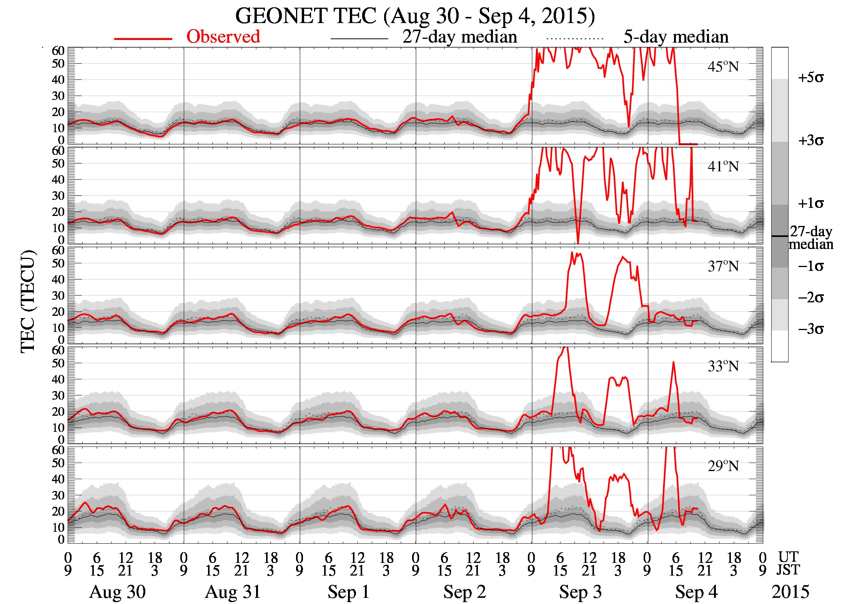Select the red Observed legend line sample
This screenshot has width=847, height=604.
tap(143, 38)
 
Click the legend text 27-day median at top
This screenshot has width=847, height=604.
tap(459, 37)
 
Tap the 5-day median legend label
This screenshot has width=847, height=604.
tap(676, 37)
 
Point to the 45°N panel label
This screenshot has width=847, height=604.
tap(723, 67)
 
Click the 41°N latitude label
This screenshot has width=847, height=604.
tap(723, 167)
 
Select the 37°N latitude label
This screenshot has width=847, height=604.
tap(723, 266)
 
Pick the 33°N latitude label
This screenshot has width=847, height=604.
tap(723, 366)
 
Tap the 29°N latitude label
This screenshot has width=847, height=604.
tap(723, 466)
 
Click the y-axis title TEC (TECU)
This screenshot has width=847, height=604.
tap(28, 301)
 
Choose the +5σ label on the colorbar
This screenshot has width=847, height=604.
tap(810, 78)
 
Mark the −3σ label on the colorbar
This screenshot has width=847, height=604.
tap(810, 329)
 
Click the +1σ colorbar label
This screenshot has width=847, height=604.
tap(810, 203)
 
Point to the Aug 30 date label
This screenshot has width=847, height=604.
tap(117, 592)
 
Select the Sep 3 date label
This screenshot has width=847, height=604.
tap(580, 592)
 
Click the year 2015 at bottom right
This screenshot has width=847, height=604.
tap(790, 592)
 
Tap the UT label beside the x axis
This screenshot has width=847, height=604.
tap(788, 557)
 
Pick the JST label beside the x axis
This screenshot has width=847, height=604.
tap(788, 570)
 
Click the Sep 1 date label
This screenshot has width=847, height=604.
tap(349, 592)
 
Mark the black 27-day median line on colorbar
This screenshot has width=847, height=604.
tap(779, 236)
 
